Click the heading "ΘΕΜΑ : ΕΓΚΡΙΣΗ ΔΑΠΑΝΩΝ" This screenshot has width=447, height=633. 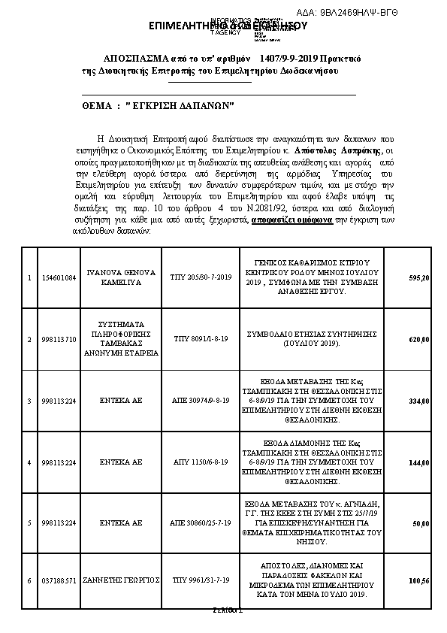(x=159, y=108)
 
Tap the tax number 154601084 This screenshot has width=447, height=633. (x=59, y=278)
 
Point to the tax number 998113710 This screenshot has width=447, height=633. (x=59, y=340)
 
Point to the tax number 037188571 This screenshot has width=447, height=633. (x=59, y=581)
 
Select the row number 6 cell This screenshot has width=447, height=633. (x=29, y=581)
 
